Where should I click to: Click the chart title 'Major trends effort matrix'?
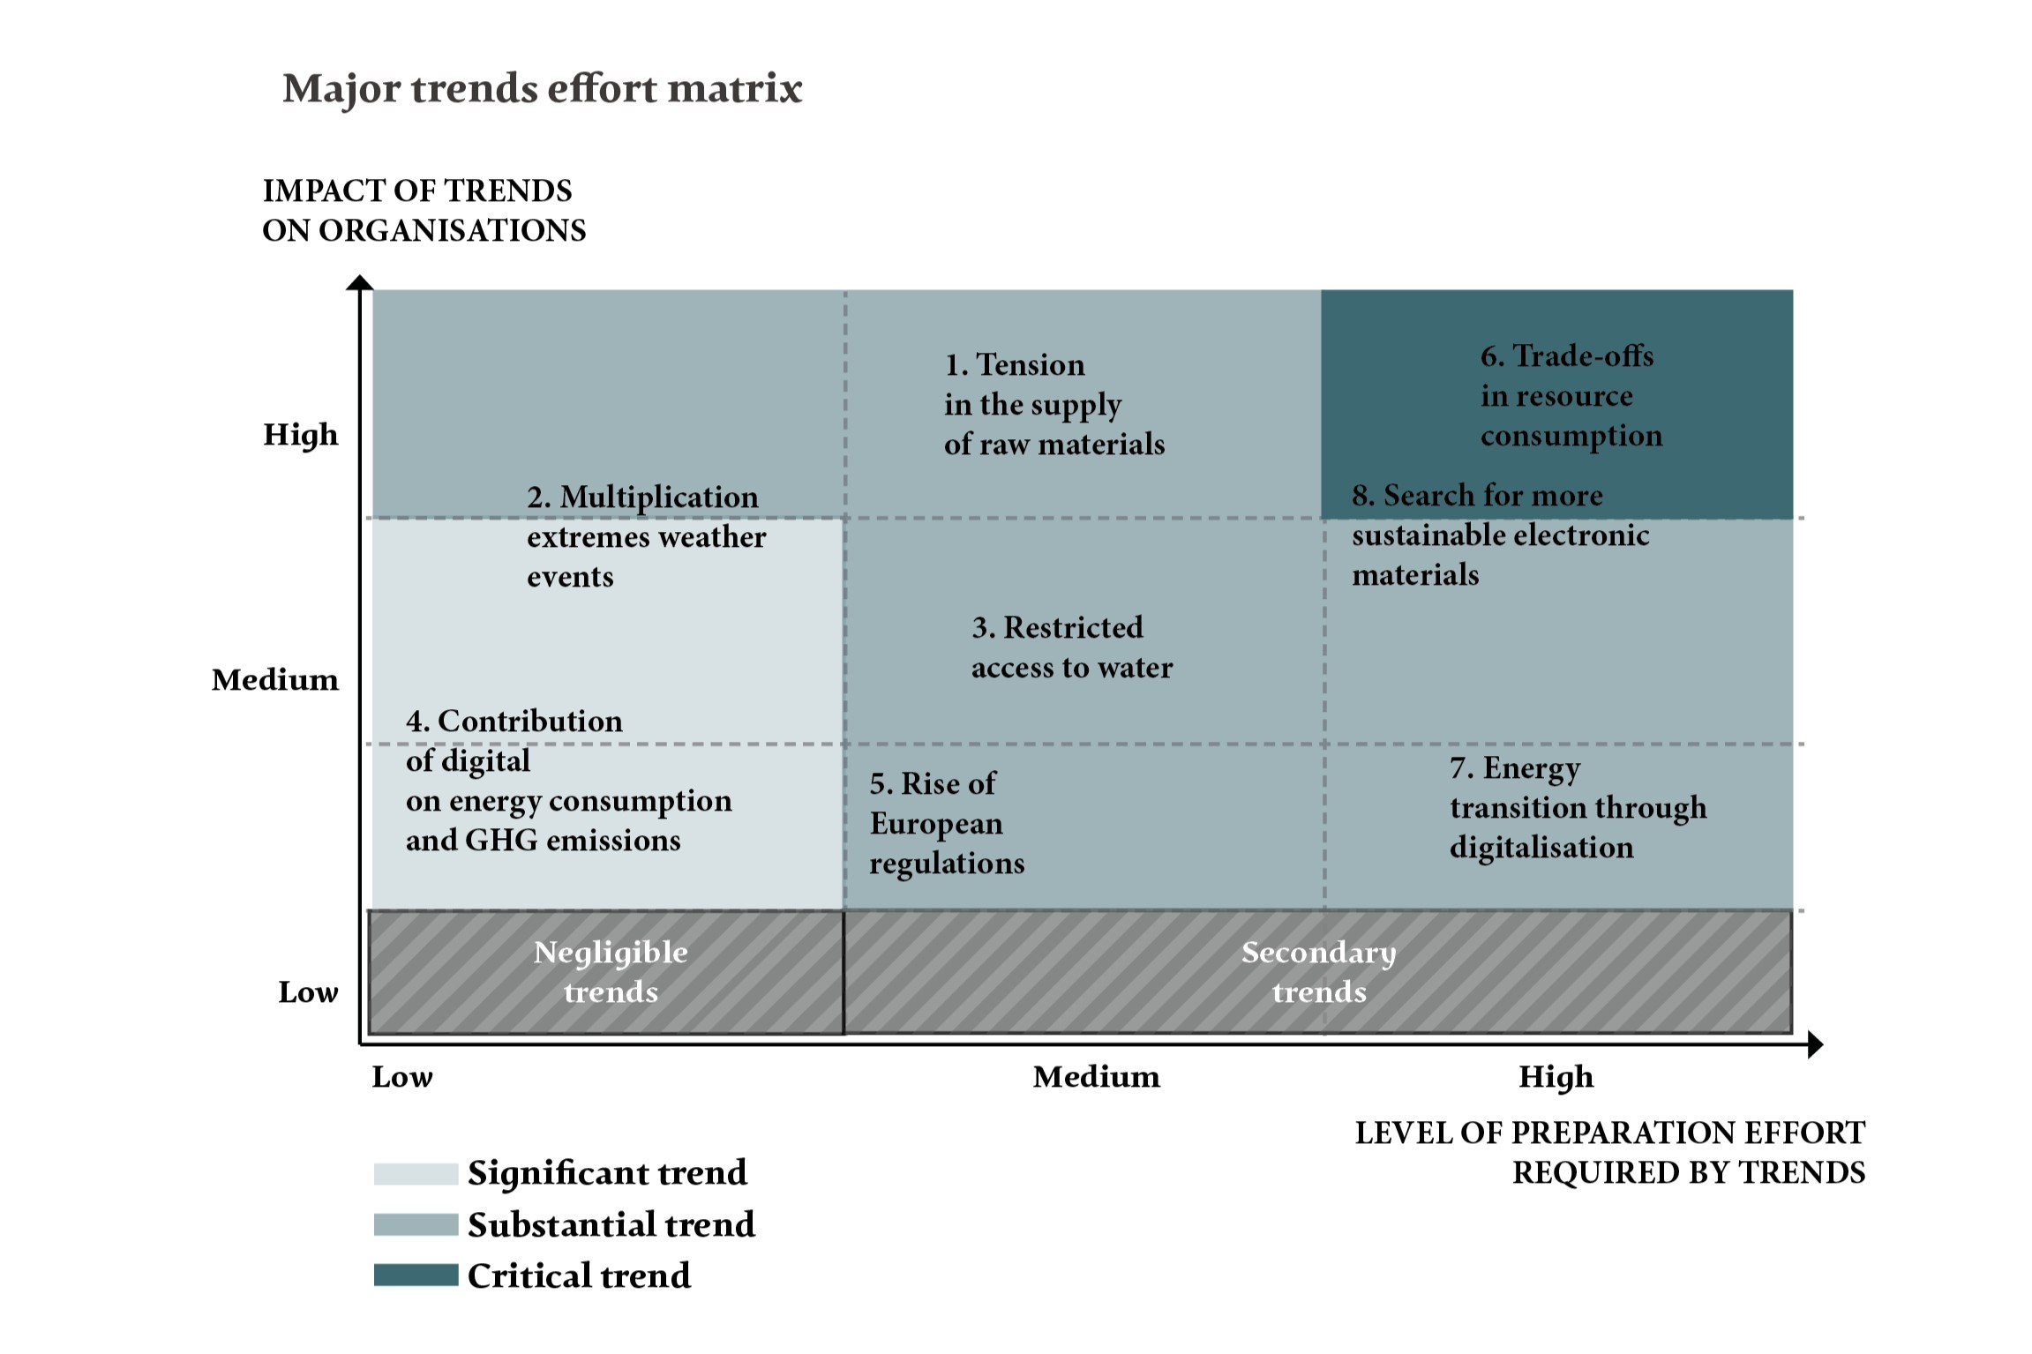click(542, 89)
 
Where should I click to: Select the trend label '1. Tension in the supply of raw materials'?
click(1053, 404)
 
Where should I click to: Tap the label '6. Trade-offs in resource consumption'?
click(1571, 396)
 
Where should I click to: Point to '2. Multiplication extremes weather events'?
click(646, 536)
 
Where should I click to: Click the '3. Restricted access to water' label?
click(1071, 647)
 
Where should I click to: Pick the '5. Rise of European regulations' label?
click(946, 823)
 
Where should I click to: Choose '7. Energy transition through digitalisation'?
click(1578, 808)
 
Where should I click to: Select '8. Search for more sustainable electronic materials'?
click(1500, 535)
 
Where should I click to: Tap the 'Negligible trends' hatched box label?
click(611, 972)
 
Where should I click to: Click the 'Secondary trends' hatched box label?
click(1318, 972)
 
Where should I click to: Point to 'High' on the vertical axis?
click(300, 435)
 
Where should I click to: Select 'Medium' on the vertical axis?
click(274, 680)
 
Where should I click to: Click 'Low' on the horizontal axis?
click(401, 1077)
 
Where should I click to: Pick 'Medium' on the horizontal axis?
click(1096, 1077)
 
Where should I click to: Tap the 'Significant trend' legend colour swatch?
click(416, 1174)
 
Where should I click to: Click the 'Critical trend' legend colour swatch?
click(416, 1275)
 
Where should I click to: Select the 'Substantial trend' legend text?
click(611, 1225)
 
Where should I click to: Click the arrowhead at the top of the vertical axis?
click(359, 282)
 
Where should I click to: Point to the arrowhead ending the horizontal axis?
click(1815, 1045)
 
